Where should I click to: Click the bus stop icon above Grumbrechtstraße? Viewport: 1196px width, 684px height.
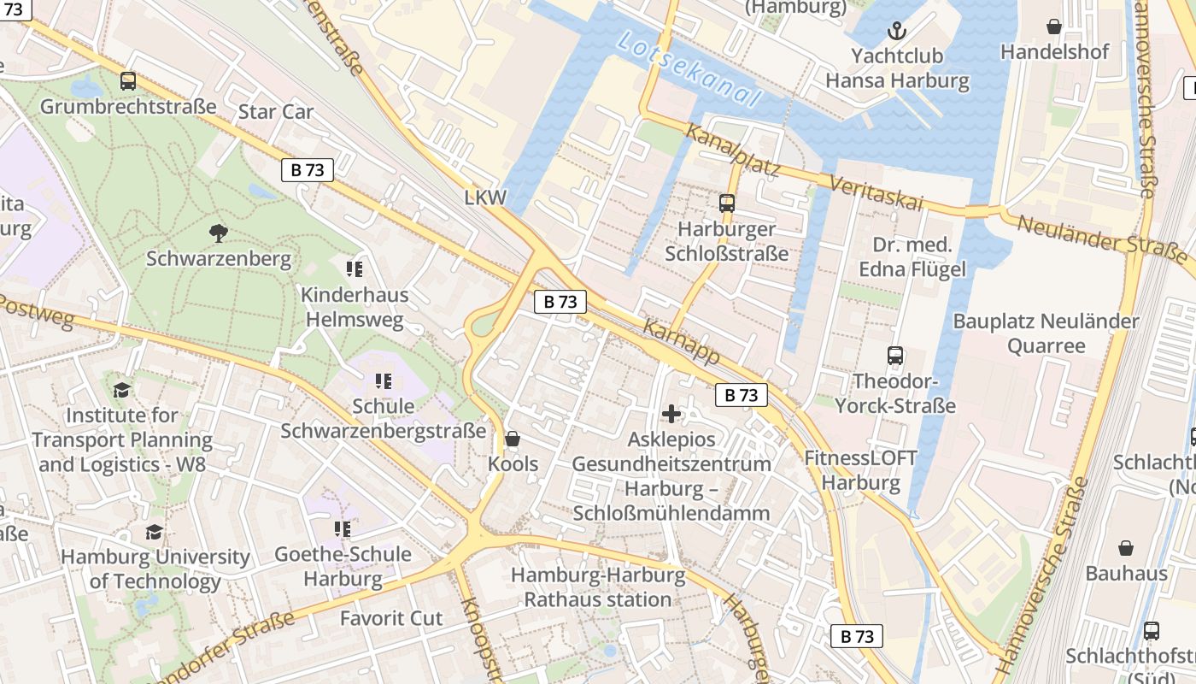click(128, 81)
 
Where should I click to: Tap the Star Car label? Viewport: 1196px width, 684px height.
click(276, 112)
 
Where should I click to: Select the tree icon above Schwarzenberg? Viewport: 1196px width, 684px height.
click(219, 232)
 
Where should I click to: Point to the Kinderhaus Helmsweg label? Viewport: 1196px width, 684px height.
click(355, 307)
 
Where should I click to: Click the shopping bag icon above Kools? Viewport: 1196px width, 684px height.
click(513, 439)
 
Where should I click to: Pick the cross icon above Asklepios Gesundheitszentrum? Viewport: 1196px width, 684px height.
click(671, 415)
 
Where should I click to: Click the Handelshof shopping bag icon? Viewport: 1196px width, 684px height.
click(1054, 27)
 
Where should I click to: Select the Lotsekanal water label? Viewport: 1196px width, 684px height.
click(687, 71)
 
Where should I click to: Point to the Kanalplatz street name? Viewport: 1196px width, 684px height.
click(732, 151)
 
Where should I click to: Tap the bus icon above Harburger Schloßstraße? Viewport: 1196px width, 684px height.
click(726, 203)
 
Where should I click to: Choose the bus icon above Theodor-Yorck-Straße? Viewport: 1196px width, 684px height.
click(894, 356)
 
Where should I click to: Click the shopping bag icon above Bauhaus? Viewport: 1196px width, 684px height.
click(1126, 548)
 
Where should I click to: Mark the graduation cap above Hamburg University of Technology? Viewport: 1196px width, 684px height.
click(154, 532)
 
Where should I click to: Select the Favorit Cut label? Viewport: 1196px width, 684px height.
click(391, 618)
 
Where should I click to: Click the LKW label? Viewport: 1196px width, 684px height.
click(485, 198)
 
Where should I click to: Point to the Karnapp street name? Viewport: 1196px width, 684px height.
click(681, 343)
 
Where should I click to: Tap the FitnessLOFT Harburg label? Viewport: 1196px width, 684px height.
click(860, 470)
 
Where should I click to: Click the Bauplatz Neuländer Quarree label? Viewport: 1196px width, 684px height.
click(1046, 333)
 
